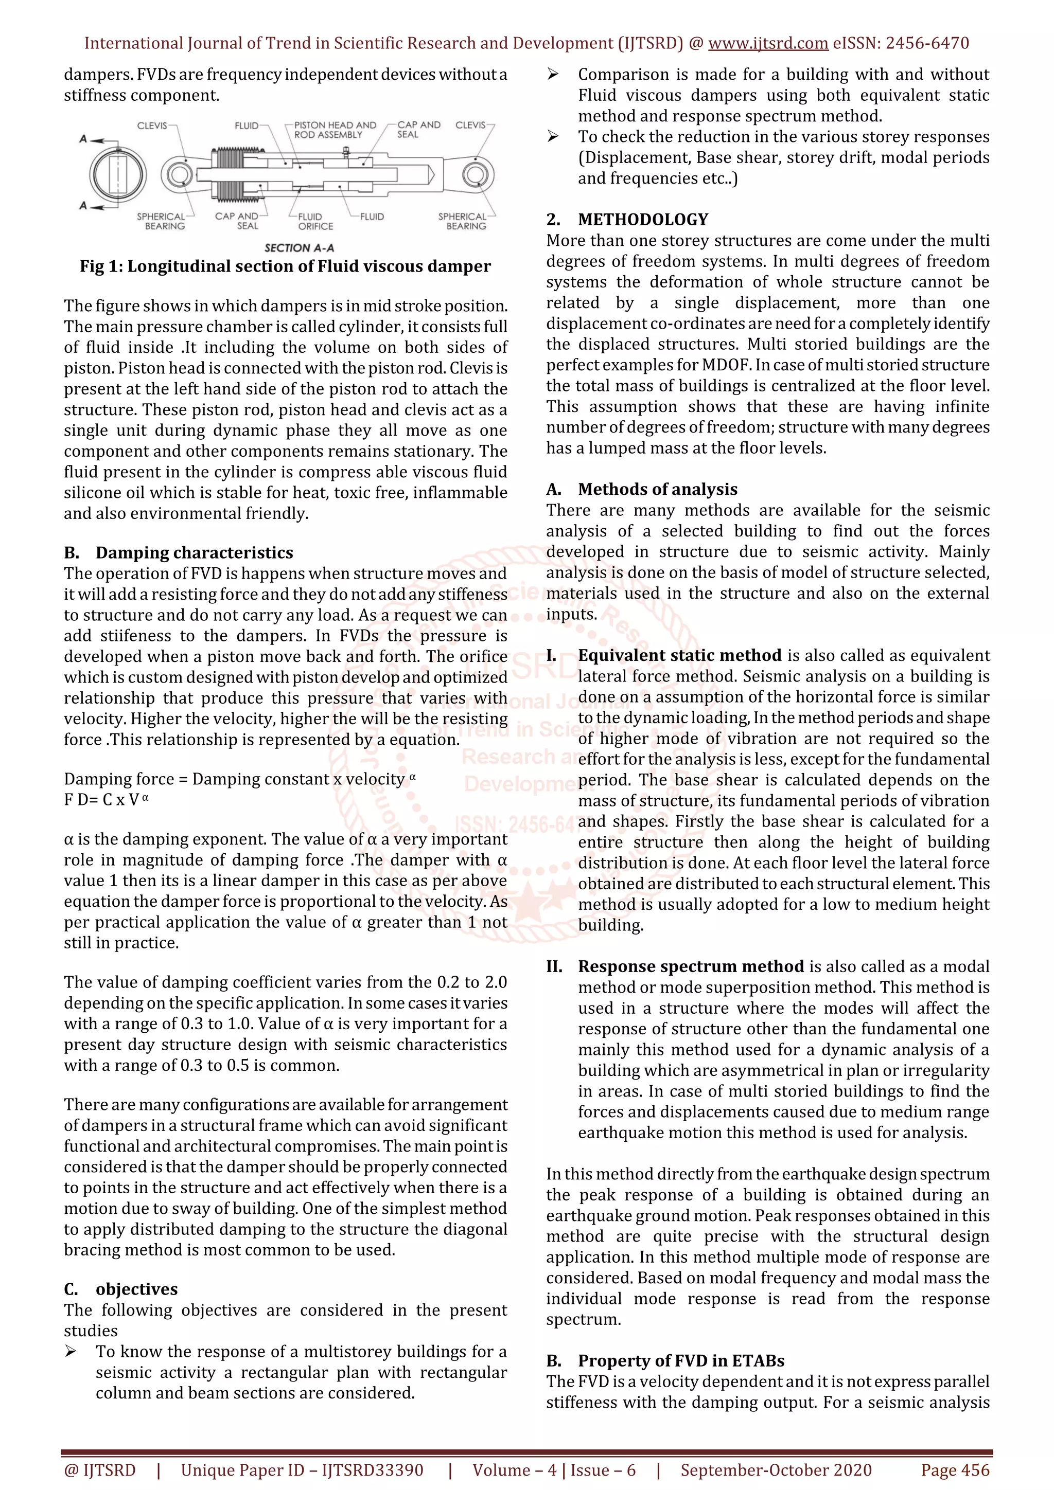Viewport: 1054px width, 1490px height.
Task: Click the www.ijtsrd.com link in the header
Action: (768, 44)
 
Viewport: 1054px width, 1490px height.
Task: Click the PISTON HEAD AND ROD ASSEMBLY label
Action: (335, 130)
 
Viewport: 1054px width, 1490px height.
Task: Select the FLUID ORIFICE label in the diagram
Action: (315, 221)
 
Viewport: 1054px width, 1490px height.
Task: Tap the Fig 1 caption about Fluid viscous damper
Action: (285, 267)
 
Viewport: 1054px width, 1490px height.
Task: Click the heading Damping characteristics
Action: (194, 552)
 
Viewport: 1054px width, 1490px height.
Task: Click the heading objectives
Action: (136, 1289)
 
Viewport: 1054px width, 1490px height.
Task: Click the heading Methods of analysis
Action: (657, 489)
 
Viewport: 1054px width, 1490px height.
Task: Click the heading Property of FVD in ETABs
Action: (680, 1361)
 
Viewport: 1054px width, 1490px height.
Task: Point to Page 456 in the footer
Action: (955, 1470)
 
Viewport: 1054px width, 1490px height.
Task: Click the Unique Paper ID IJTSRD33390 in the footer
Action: (302, 1470)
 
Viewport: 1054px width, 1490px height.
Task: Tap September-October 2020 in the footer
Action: (776, 1470)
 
